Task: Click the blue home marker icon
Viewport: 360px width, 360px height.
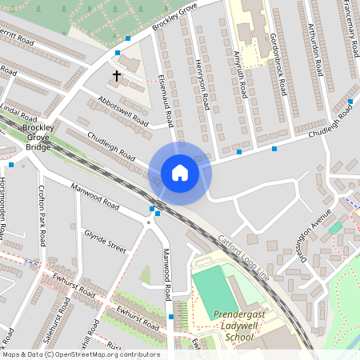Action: [180, 172]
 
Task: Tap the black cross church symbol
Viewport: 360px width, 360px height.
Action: [117, 77]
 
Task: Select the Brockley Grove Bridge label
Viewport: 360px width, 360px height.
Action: [38, 137]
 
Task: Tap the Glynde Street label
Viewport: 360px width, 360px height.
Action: [105, 242]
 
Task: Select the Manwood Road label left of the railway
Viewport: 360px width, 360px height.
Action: [94, 196]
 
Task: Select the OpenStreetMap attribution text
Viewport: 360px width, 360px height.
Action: [82, 354]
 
